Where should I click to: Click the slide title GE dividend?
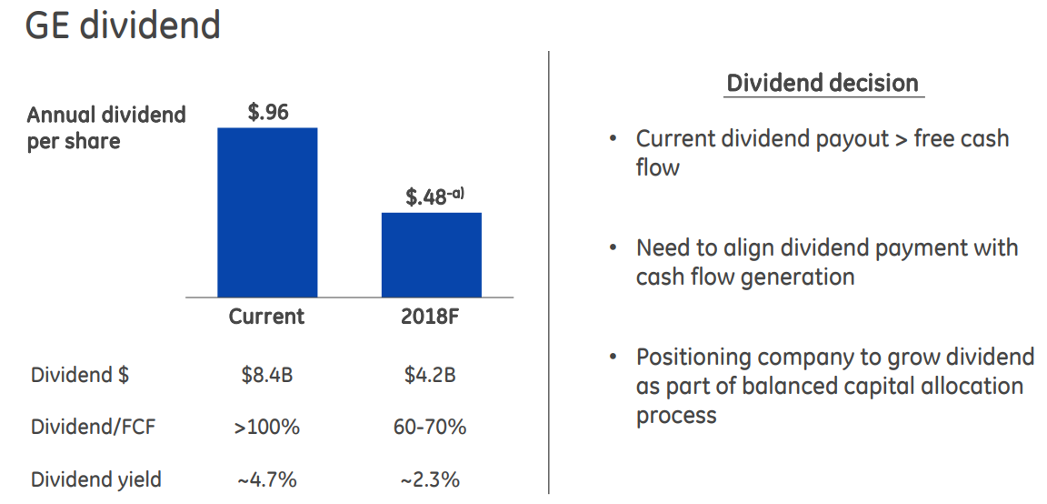(x=122, y=25)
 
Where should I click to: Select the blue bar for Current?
(x=267, y=212)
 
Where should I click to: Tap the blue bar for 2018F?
(x=431, y=255)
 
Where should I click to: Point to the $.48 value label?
(x=427, y=196)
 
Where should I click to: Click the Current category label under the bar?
(x=266, y=317)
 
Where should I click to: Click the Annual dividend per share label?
(x=105, y=127)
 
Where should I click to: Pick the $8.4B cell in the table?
(x=266, y=375)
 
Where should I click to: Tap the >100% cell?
(x=266, y=427)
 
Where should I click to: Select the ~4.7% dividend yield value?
(x=266, y=479)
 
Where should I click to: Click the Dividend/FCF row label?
(x=94, y=427)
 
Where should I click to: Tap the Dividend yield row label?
(x=96, y=479)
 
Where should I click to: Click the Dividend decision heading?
(x=823, y=84)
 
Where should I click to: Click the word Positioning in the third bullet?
(x=693, y=357)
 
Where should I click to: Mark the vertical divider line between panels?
(x=549, y=273)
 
